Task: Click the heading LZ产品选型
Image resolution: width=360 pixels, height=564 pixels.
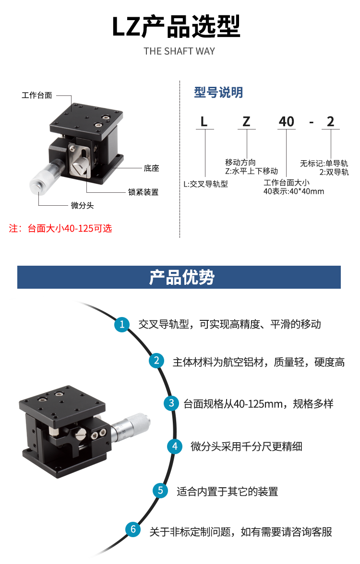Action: click(176, 27)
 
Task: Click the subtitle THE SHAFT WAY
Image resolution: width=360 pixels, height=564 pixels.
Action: click(180, 51)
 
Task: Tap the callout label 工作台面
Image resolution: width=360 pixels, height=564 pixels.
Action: click(36, 95)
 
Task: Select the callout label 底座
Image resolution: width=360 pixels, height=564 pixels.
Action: click(151, 168)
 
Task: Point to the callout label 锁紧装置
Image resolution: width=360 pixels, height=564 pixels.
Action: click(143, 192)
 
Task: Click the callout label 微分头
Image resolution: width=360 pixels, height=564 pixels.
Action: click(82, 205)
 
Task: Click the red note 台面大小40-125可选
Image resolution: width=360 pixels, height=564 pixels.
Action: click(70, 228)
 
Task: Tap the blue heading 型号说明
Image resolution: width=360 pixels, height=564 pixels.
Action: click(218, 93)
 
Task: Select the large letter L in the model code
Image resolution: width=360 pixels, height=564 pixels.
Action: click(204, 122)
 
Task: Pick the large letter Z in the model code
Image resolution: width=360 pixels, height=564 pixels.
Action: click(246, 122)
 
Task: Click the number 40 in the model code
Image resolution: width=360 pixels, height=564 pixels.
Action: click(286, 122)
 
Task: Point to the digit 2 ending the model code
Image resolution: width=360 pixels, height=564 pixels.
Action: click(330, 122)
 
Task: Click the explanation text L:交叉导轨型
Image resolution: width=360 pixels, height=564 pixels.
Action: click(205, 184)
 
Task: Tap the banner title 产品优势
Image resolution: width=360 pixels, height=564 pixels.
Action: click(182, 277)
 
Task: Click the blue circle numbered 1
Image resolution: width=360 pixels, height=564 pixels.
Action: click(122, 324)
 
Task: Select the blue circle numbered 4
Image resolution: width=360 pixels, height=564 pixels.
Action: click(175, 446)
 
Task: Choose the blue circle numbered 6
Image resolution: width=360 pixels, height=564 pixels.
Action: click(133, 529)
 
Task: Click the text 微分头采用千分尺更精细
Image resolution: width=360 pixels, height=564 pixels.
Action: click(246, 447)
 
